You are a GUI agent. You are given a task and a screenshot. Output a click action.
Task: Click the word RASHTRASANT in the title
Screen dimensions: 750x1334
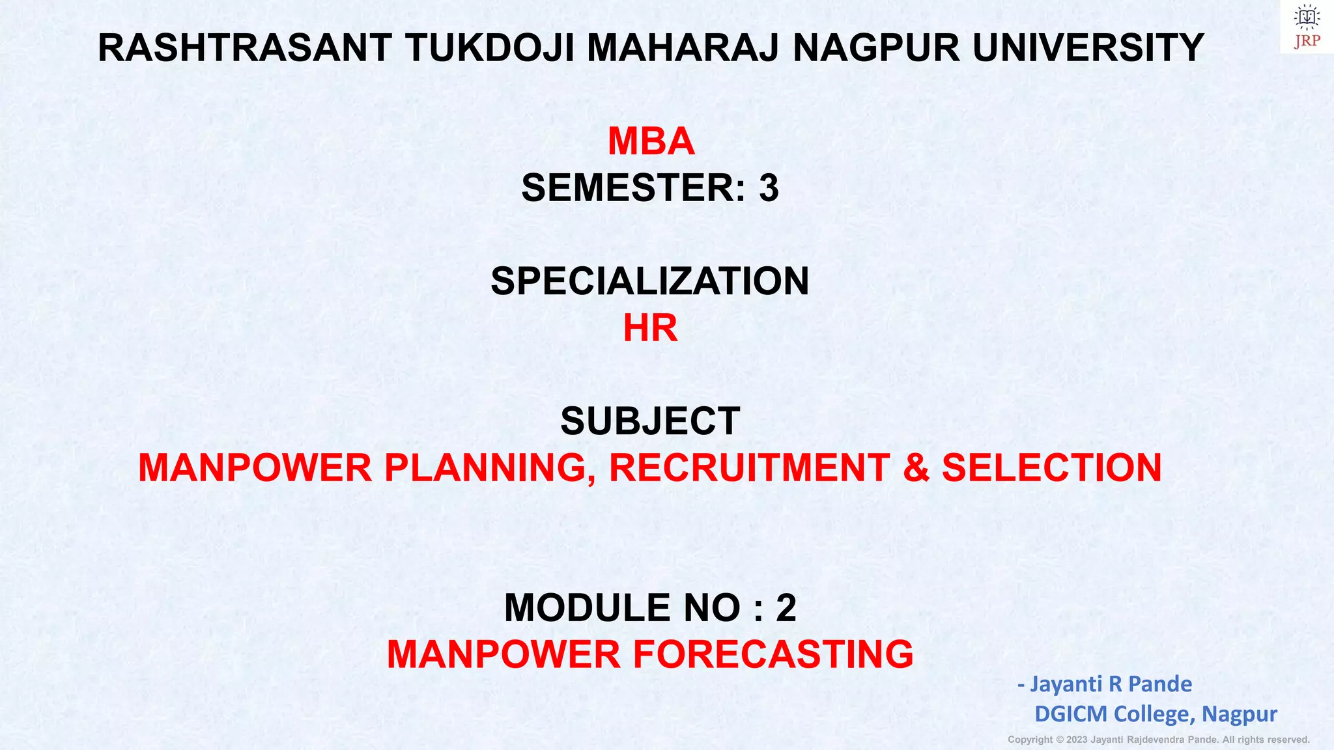point(244,48)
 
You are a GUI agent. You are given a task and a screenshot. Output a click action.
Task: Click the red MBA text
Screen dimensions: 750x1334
point(651,141)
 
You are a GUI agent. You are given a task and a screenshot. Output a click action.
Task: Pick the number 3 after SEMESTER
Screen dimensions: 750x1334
point(769,188)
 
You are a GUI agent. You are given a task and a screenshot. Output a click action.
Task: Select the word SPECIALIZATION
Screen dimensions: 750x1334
point(649,281)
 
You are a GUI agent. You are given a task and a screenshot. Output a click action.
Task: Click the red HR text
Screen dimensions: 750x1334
point(650,328)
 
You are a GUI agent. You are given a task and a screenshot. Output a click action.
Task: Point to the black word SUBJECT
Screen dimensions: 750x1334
point(650,421)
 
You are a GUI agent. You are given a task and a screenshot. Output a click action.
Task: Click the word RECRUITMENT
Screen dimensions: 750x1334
point(749,468)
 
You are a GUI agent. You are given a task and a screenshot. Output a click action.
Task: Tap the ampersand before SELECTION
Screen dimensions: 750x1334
point(916,469)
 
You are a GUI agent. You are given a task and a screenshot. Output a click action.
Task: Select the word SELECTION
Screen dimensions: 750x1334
point(1051,468)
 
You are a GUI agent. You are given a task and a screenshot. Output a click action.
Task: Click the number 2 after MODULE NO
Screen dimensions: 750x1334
point(786,608)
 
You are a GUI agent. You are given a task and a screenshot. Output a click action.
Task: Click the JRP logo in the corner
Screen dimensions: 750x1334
point(1307,27)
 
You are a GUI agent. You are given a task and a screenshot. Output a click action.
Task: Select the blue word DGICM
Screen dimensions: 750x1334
point(1071,714)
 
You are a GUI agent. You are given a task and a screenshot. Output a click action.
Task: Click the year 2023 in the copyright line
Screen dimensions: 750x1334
point(1077,740)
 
